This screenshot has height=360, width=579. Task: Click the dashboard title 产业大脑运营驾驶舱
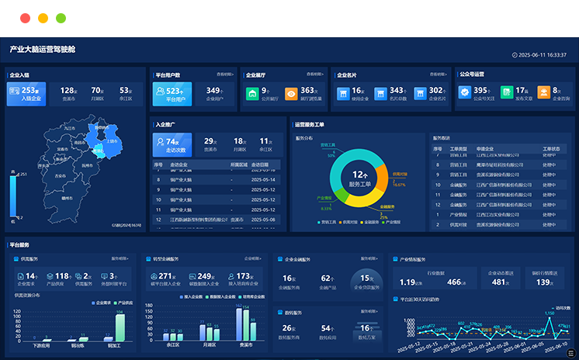pyautogui.click(x=43, y=50)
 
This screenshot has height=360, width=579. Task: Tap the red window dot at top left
pyautogui.click(x=25, y=18)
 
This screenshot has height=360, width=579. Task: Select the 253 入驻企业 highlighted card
pyautogui.click(x=26, y=94)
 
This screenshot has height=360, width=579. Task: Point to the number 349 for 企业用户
pyautogui.click(x=213, y=91)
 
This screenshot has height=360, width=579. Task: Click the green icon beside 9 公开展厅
pyautogui.click(x=252, y=94)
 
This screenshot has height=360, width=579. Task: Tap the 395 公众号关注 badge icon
pyautogui.click(x=464, y=93)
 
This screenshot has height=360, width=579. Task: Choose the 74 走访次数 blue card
pyautogui.click(x=172, y=144)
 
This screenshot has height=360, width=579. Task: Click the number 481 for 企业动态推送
pyautogui.click(x=500, y=282)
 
